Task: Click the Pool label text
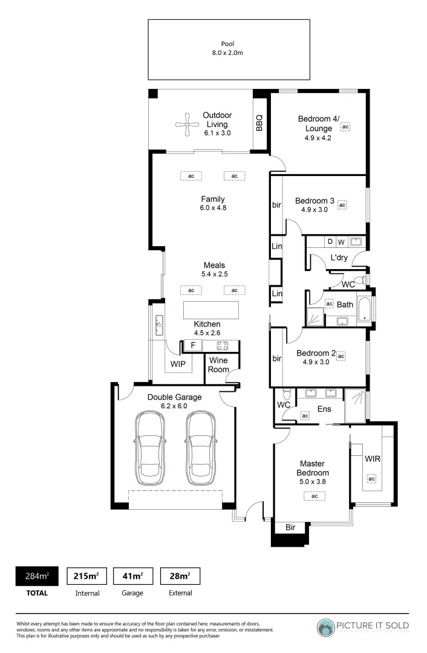pyautogui.click(x=228, y=44)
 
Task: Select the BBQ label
pyautogui.click(x=259, y=123)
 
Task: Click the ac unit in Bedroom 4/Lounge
pyautogui.click(x=345, y=127)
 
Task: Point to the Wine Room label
pyautogui.click(x=218, y=365)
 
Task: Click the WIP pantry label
pyautogui.click(x=178, y=364)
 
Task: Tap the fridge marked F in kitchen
pyautogui.click(x=192, y=346)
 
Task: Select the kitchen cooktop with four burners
pyautogui.click(x=222, y=346)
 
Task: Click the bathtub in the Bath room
pyautogui.click(x=365, y=308)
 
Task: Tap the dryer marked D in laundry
pyautogui.click(x=330, y=242)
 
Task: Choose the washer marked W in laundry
pyautogui.click(x=341, y=242)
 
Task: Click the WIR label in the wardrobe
pyautogui.click(x=372, y=459)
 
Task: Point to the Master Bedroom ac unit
pyautogui.click(x=315, y=496)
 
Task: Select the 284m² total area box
pyautogui.click(x=36, y=576)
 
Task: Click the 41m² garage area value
pyautogui.click(x=132, y=576)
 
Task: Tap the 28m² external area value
pyautogui.click(x=180, y=576)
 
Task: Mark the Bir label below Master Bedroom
pyautogui.click(x=290, y=527)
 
